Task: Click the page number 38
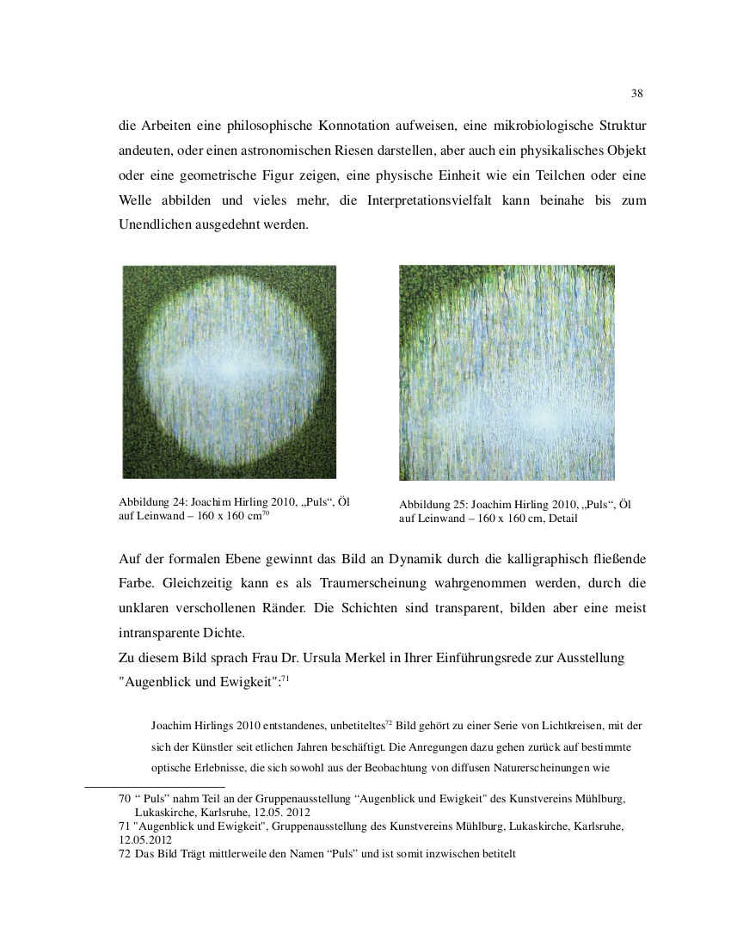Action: (x=637, y=93)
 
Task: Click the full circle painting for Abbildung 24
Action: (x=229, y=372)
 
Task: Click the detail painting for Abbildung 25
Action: (x=507, y=372)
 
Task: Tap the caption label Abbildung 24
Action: (x=152, y=502)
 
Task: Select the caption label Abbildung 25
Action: (x=433, y=505)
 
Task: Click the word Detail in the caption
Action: (x=561, y=519)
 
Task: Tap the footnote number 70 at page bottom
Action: (x=125, y=799)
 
